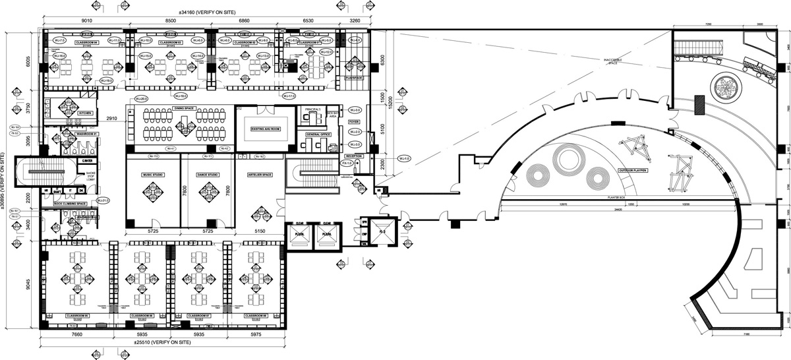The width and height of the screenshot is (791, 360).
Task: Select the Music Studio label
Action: pos(152,175)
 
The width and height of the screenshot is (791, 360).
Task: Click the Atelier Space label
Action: pos(260,175)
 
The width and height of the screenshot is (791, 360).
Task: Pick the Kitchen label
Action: pos(86,113)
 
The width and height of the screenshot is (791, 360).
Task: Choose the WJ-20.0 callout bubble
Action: pos(140,98)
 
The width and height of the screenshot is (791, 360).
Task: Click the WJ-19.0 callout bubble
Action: pos(105,80)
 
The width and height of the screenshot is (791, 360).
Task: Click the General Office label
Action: pos(316,134)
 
